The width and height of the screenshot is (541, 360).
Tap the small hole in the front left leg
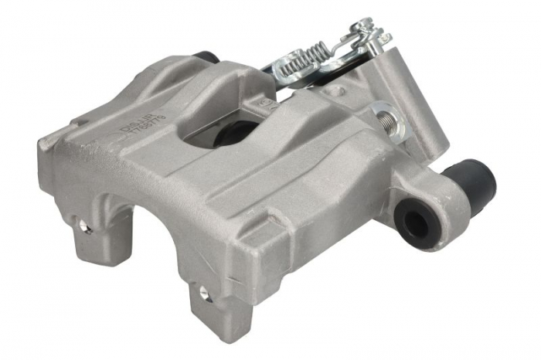83,227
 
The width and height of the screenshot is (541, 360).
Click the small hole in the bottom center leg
204,294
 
